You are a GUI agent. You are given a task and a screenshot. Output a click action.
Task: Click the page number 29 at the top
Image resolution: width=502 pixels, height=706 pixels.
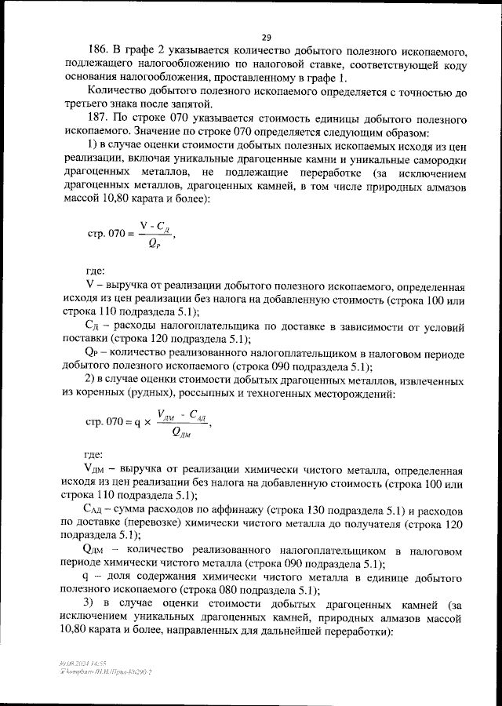[267, 37]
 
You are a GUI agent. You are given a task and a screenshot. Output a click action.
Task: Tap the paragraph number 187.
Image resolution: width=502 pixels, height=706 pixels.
[98, 116]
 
